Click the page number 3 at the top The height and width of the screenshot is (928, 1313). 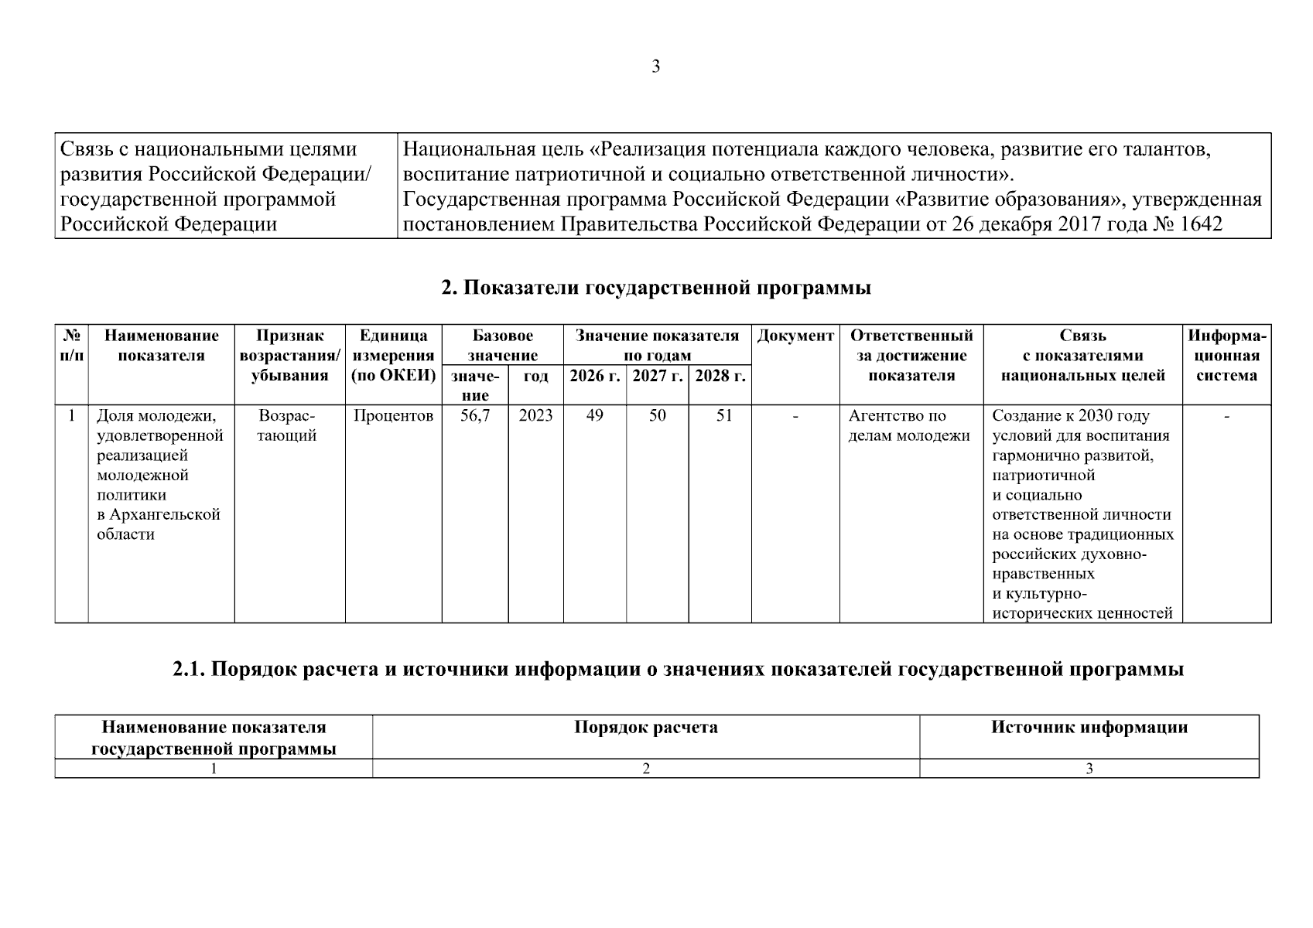pyautogui.click(x=655, y=67)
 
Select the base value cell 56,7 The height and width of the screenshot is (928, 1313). pyautogui.click(x=474, y=416)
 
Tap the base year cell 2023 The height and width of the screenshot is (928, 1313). pyautogui.click(x=535, y=416)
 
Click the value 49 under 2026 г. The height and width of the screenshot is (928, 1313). pyautogui.click(x=594, y=416)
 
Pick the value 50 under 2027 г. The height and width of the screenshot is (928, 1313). pyautogui.click(x=657, y=416)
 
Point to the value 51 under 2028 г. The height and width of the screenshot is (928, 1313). pyautogui.click(x=723, y=416)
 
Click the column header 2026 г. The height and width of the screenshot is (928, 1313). pyautogui.click(x=594, y=377)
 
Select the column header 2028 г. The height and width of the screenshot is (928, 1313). pyautogui.click(x=720, y=377)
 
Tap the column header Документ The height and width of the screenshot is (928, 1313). pyautogui.click(x=795, y=336)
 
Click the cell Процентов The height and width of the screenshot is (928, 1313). pyautogui.click(x=393, y=416)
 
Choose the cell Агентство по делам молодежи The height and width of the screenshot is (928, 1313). pyautogui.click(x=909, y=426)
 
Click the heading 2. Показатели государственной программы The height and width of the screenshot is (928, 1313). pyautogui.click(x=656, y=288)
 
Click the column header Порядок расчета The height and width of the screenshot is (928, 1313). pyautogui.click(x=645, y=728)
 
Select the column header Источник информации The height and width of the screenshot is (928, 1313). pyautogui.click(x=1089, y=728)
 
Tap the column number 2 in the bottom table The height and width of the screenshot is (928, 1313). pyautogui.click(x=645, y=769)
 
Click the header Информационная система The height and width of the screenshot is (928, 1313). pyautogui.click(x=1227, y=356)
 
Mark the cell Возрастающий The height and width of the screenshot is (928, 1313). pyautogui.click(x=286, y=426)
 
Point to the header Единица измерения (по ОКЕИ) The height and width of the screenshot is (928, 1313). pyautogui.click(x=393, y=356)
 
